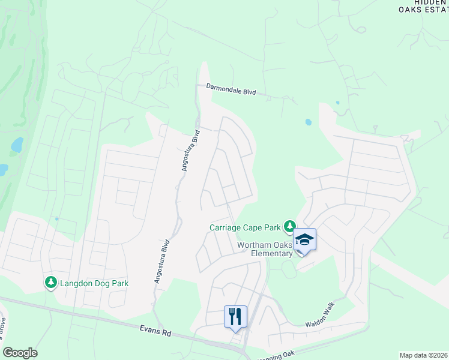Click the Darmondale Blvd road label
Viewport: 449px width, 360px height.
[x=231, y=89]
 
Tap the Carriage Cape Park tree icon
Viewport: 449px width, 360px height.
[x=290, y=226]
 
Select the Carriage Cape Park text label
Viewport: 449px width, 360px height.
[x=245, y=227]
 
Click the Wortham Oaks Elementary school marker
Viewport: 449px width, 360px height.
[x=304, y=241]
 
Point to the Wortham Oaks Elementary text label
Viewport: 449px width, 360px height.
[x=265, y=249]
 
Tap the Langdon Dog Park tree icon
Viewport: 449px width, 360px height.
[x=51, y=282]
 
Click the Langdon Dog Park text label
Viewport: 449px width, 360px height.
[x=94, y=283]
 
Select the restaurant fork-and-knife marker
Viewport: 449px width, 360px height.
[x=235, y=316]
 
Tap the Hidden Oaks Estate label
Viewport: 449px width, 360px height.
[x=423, y=6]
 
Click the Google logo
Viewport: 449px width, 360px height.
[x=20, y=353]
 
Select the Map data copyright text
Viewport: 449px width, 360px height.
[x=423, y=355]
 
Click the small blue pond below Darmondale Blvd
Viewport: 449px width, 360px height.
[x=309, y=122]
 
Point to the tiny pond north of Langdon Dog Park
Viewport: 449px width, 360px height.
[x=56, y=218]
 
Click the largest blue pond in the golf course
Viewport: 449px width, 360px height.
[x=16, y=145]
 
